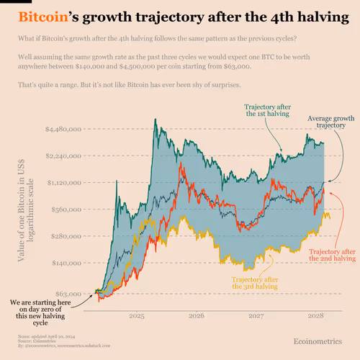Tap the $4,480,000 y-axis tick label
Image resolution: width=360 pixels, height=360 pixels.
(x=63, y=129)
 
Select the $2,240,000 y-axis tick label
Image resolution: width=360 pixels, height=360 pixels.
(x=63, y=156)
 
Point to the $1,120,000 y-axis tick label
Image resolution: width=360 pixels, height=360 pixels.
(x=63, y=182)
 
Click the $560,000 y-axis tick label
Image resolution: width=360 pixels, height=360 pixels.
(x=66, y=210)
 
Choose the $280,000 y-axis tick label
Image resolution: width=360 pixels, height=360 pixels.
(x=66, y=236)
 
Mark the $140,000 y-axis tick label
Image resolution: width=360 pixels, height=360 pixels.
(x=66, y=263)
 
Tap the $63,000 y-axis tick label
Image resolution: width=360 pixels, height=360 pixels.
(x=68, y=294)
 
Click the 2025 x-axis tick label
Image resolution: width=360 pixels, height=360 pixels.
(x=138, y=315)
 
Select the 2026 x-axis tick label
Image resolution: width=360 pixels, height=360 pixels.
(x=197, y=315)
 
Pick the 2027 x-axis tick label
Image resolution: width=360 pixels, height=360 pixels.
(x=256, y=315)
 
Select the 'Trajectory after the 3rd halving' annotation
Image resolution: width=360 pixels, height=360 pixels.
(x=254, y=282)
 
